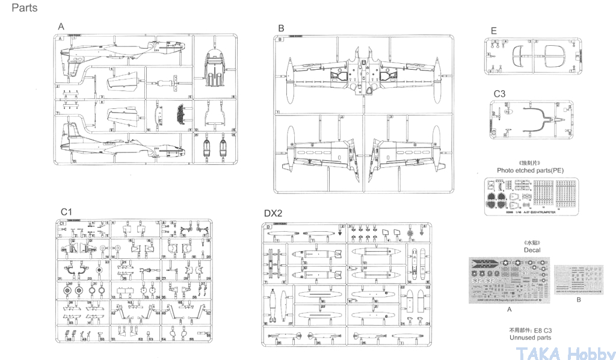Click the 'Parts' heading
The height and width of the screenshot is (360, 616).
(24, 8)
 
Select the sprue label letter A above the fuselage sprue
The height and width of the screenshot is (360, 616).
(61, 26)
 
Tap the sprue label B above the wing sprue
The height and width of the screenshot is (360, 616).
(281, 28)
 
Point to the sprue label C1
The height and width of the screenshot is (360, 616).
(66, 212)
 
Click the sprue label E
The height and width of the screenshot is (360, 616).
(493, 31)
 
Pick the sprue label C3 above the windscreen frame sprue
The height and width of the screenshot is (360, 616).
(500, 94)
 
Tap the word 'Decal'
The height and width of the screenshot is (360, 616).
(532, 250)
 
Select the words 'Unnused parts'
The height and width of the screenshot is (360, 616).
(530, 338)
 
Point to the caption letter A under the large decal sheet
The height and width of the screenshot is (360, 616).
(510, 309)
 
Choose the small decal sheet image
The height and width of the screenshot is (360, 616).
(579, 279)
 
